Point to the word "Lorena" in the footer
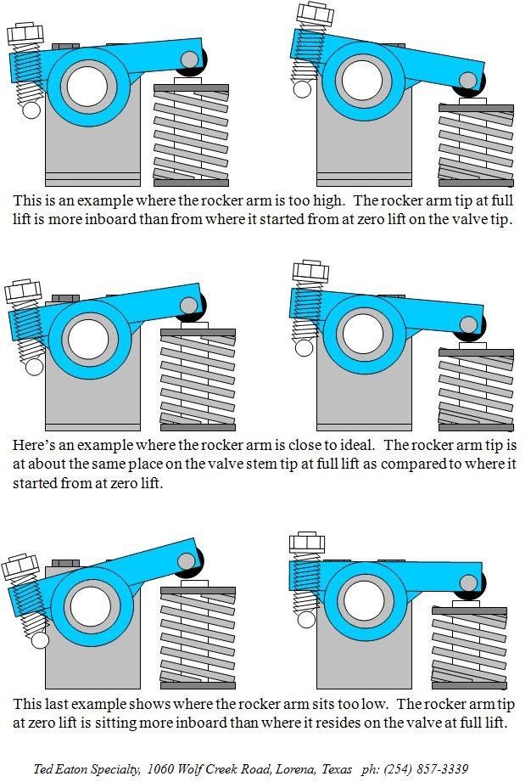click(290, 768)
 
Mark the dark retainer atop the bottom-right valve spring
click(469, 610)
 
